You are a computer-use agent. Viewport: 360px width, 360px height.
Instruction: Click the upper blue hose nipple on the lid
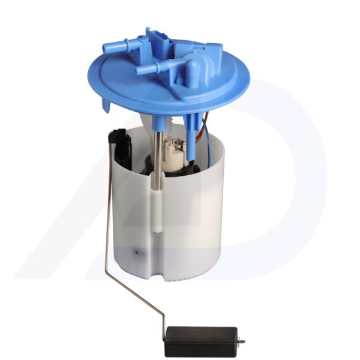point(116,46)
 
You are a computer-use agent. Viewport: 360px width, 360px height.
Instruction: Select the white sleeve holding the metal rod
point(156,210)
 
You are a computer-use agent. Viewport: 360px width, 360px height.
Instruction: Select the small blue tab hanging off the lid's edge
point(107,105)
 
